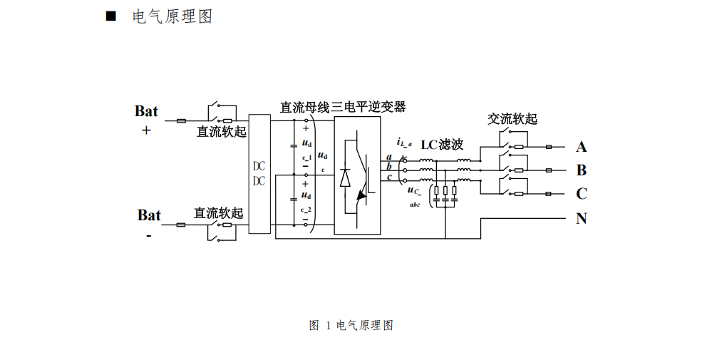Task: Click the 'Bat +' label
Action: [x=146, y=119]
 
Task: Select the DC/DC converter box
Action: [x=259, y=174]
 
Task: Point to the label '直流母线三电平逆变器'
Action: [x=343, y=107]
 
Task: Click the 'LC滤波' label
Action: [x=442, y=145]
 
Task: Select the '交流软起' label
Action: [x=512, y=118]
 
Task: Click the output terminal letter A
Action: [x=582, y=148]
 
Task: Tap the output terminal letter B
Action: [x=582, y=171]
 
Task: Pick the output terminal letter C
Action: [x=582, y=194]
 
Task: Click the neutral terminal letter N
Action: [x=582, y=219]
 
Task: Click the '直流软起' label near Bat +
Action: [x=221, y=132]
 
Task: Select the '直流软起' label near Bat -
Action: [x=218, y=213]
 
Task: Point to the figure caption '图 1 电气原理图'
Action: [x=351, y=326]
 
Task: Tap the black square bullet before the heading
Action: [x=110, y=16]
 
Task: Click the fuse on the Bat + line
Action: [x=182, y=121]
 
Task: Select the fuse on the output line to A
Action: [x=549, y=148]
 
